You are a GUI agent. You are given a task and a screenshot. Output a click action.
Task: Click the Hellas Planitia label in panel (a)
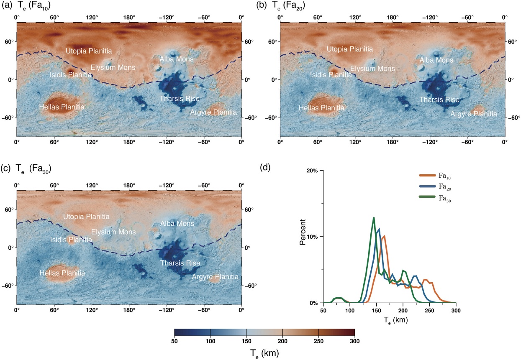[x=62, y=107]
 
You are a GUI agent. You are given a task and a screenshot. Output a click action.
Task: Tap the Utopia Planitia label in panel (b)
[x=349, y=49]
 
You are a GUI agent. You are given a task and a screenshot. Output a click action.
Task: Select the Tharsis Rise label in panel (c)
[x=180, y=263]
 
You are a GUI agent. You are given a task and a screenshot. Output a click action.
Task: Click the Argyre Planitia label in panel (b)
[x=474, y=114]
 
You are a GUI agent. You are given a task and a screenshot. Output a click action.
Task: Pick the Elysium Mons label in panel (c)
[x=113, y=232]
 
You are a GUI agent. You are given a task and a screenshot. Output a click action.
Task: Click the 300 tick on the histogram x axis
[x=456, y=311]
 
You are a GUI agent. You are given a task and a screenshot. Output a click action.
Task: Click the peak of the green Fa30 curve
[x=373, y=217]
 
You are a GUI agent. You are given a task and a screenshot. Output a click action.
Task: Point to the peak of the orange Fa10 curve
[x=384, y=236]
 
